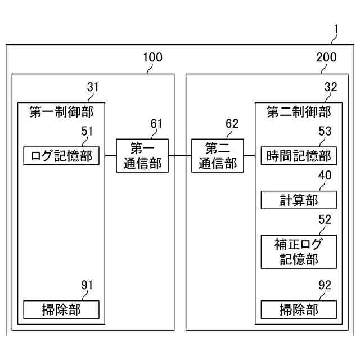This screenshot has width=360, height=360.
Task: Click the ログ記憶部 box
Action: coord(61,155)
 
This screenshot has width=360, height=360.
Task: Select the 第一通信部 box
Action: coord(142,155)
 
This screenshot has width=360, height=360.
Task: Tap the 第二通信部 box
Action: coord(218,155)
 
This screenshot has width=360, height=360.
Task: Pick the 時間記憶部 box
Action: coord(299,155)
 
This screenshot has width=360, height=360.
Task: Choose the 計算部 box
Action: coord(299,200)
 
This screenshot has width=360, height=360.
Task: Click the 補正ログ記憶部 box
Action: coord(299,251)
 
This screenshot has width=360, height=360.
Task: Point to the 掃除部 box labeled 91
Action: coord(61,309)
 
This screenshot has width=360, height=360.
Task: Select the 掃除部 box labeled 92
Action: coord(299,309)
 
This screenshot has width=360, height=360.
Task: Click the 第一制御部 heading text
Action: coord(61,112)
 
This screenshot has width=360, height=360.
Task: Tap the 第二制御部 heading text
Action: coord(299,112)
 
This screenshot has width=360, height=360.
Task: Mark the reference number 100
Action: coord(152,57)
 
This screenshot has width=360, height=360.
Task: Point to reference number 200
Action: coord(326,57)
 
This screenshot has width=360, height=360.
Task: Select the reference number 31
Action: coord(93,87)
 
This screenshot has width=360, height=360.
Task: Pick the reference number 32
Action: coord(331,87)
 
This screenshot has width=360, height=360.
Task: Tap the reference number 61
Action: coord(156,124)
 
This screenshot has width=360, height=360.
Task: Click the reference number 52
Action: coord(325,220)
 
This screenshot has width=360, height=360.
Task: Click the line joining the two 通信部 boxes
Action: coord(180,155)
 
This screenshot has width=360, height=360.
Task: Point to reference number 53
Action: coord(325,131)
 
